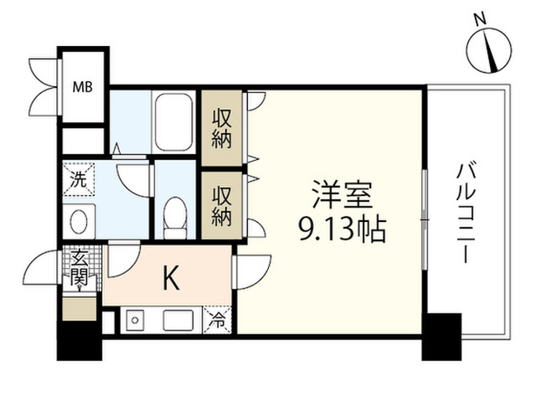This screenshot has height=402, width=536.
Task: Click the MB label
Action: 82,87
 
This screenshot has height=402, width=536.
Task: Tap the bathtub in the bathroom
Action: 173,121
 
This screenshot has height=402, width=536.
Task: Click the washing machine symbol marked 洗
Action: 79,179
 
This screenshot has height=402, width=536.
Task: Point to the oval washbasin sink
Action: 79,221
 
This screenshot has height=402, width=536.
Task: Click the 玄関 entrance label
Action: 80,269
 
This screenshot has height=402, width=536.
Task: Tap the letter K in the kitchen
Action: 171,277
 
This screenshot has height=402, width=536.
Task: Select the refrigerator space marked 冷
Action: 218,320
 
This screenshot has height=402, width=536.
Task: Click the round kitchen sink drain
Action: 135,320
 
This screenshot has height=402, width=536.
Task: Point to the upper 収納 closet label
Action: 221,128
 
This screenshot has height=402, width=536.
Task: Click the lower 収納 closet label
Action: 221,206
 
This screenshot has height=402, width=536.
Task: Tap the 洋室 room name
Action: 343,194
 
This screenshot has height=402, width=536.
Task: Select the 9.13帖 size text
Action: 343,229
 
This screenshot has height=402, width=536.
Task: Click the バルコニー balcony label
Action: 466,214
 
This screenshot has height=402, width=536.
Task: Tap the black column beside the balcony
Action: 441,337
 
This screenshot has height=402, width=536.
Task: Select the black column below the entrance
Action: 80,341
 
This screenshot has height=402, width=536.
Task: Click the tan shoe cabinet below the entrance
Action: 80,309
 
